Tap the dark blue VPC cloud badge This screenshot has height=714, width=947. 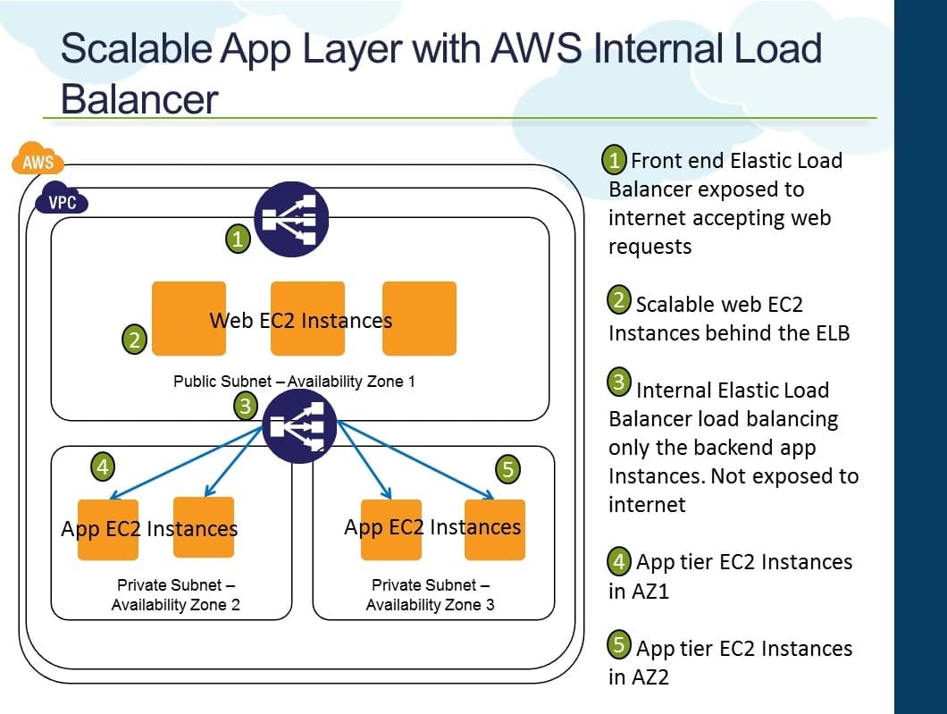click(x=63, y=202)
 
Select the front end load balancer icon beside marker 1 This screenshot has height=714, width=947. click(x=291, y=219)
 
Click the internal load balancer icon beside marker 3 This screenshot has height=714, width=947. click(x=299, y=426)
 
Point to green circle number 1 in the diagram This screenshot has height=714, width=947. click(x=238, y=239)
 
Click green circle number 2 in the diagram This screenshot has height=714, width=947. click(x=133, y=340)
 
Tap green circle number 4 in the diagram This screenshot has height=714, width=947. click(x=104, y=466)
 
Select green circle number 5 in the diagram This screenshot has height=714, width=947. click(x=507, y=470)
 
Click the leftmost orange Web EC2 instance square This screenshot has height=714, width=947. click(x=189, y=318)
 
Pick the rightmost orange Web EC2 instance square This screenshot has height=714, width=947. click(x=419, y=318)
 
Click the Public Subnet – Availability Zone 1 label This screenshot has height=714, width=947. click(x=294, y=382)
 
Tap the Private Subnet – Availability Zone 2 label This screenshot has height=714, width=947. click(x=175, y=595)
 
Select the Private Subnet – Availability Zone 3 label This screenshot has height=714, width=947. click(x=430, y=595)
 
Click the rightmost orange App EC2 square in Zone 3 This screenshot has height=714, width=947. click(x=494, y=529)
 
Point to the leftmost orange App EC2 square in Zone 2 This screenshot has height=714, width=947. click(x=108, y=529)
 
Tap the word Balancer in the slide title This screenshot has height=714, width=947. click(x=139, y=99)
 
